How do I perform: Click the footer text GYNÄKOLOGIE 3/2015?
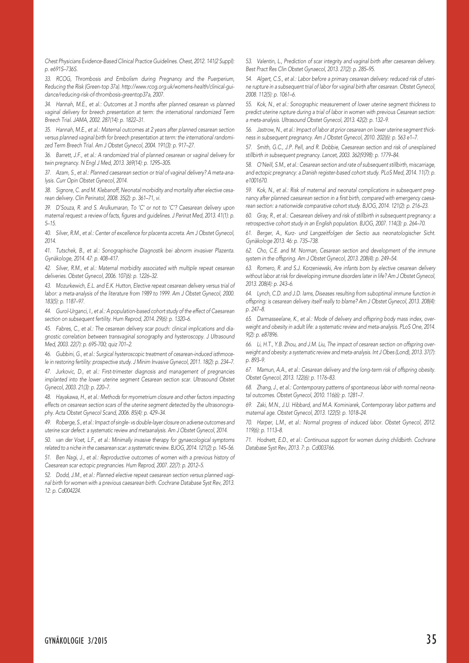76,641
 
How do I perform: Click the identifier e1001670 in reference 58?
256,180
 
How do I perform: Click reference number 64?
249,293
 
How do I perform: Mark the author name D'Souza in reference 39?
65,208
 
